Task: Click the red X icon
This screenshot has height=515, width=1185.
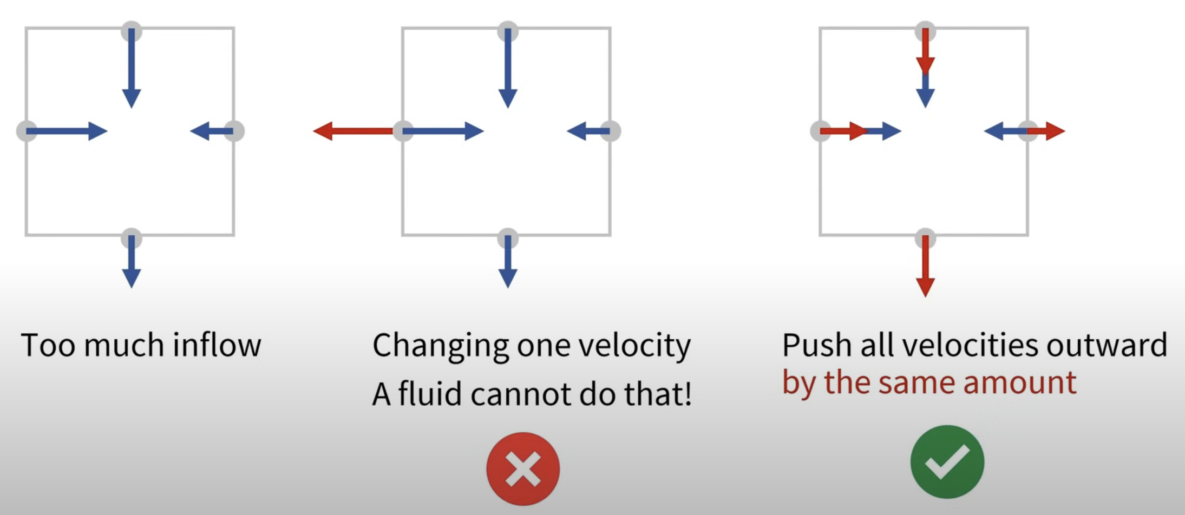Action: click(523, 468)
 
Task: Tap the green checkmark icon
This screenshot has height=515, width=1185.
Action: click(947, 461)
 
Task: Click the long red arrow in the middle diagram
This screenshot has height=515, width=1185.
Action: click(353, 131)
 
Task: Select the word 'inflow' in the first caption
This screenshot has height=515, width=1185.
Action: click(217, 345)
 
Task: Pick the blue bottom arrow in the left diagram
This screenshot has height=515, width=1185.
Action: click(131, 261)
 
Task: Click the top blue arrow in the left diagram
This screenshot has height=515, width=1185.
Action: click(131, 68)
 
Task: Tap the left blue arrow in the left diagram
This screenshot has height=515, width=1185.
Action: click(67, 131)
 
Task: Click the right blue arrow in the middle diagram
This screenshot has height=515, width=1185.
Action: click(589, 131)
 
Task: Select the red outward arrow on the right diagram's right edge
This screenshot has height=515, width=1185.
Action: click(1046, 131)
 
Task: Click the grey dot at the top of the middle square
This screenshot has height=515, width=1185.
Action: click(508, 31)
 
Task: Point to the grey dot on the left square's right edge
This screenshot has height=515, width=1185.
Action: click(234, 131)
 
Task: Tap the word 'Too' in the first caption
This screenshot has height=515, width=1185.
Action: click(48, 345)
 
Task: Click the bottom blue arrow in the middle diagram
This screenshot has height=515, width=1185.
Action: click(507, 261)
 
